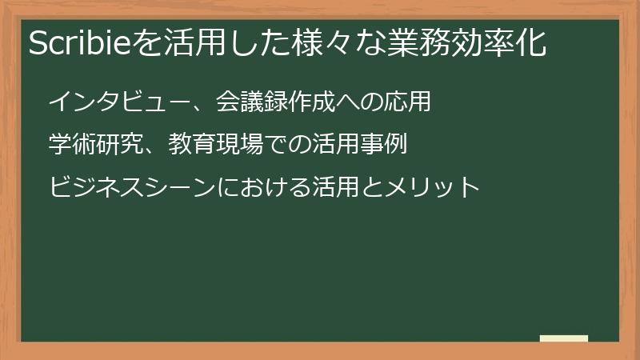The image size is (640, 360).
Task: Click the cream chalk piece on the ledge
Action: (564, 338)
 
